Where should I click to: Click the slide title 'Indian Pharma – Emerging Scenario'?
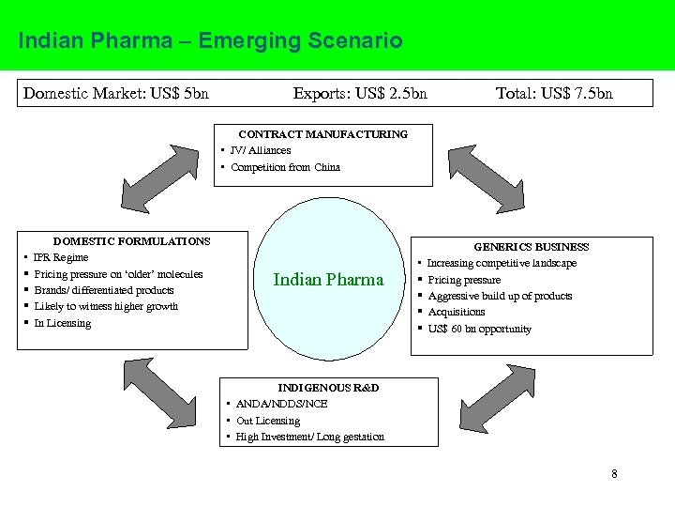(x=210, y=41)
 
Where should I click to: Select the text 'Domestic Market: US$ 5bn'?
(x=115, y=93)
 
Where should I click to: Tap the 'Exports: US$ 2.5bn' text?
(x=360, y=93)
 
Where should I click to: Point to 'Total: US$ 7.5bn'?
(x=554, y=93)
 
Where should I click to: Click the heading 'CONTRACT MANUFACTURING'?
(x=323, y=134)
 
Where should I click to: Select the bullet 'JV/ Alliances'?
(x=261, y=150)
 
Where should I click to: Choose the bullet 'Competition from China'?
(x=285, y=167)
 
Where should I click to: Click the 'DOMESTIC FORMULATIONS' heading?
(x=131, y=241)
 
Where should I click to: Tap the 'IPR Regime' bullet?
(x=61, y=257)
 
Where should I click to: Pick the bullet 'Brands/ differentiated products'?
(x=104, y=290)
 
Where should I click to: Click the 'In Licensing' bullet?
(x=63, y=323)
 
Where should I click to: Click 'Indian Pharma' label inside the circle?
(x=328, y=280)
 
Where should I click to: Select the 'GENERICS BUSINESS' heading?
(x=532, y=247)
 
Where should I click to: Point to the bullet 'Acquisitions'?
(x=457, y=312)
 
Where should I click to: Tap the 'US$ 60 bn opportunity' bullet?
(x=480, y=329)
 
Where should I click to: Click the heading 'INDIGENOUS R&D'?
(x=328, y=388)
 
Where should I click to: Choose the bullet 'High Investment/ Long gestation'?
(x=310, y=437)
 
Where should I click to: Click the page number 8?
(x=614, y=474)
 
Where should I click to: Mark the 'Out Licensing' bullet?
(x=268, y=421)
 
